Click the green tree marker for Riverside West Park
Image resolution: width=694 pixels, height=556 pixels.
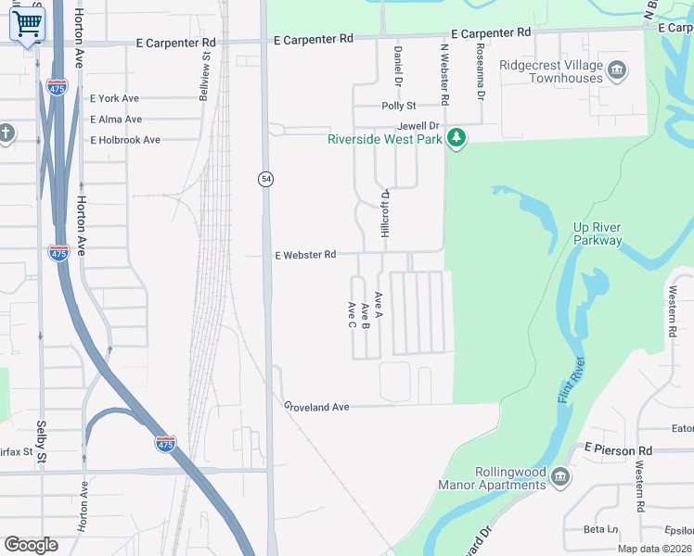[456, 139]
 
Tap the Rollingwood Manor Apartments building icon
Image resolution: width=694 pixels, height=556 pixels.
[559, 477]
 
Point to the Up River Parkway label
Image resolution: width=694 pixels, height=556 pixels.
[598, 234]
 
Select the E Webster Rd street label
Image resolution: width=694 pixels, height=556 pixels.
[305, 255]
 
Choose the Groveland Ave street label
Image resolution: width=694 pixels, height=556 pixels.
[316, 407]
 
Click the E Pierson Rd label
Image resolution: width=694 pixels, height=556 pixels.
[618, 450]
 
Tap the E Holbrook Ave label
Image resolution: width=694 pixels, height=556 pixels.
[125, 140]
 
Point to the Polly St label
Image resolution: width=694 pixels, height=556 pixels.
[399, 107]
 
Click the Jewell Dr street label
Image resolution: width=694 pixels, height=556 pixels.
[417, 125]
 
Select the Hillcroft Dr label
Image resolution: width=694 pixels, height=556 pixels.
[384, 217]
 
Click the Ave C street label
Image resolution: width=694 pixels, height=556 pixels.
[353, 315]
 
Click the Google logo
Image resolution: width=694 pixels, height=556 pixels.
[31, 545]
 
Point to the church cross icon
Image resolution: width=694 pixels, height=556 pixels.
[6, 133]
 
